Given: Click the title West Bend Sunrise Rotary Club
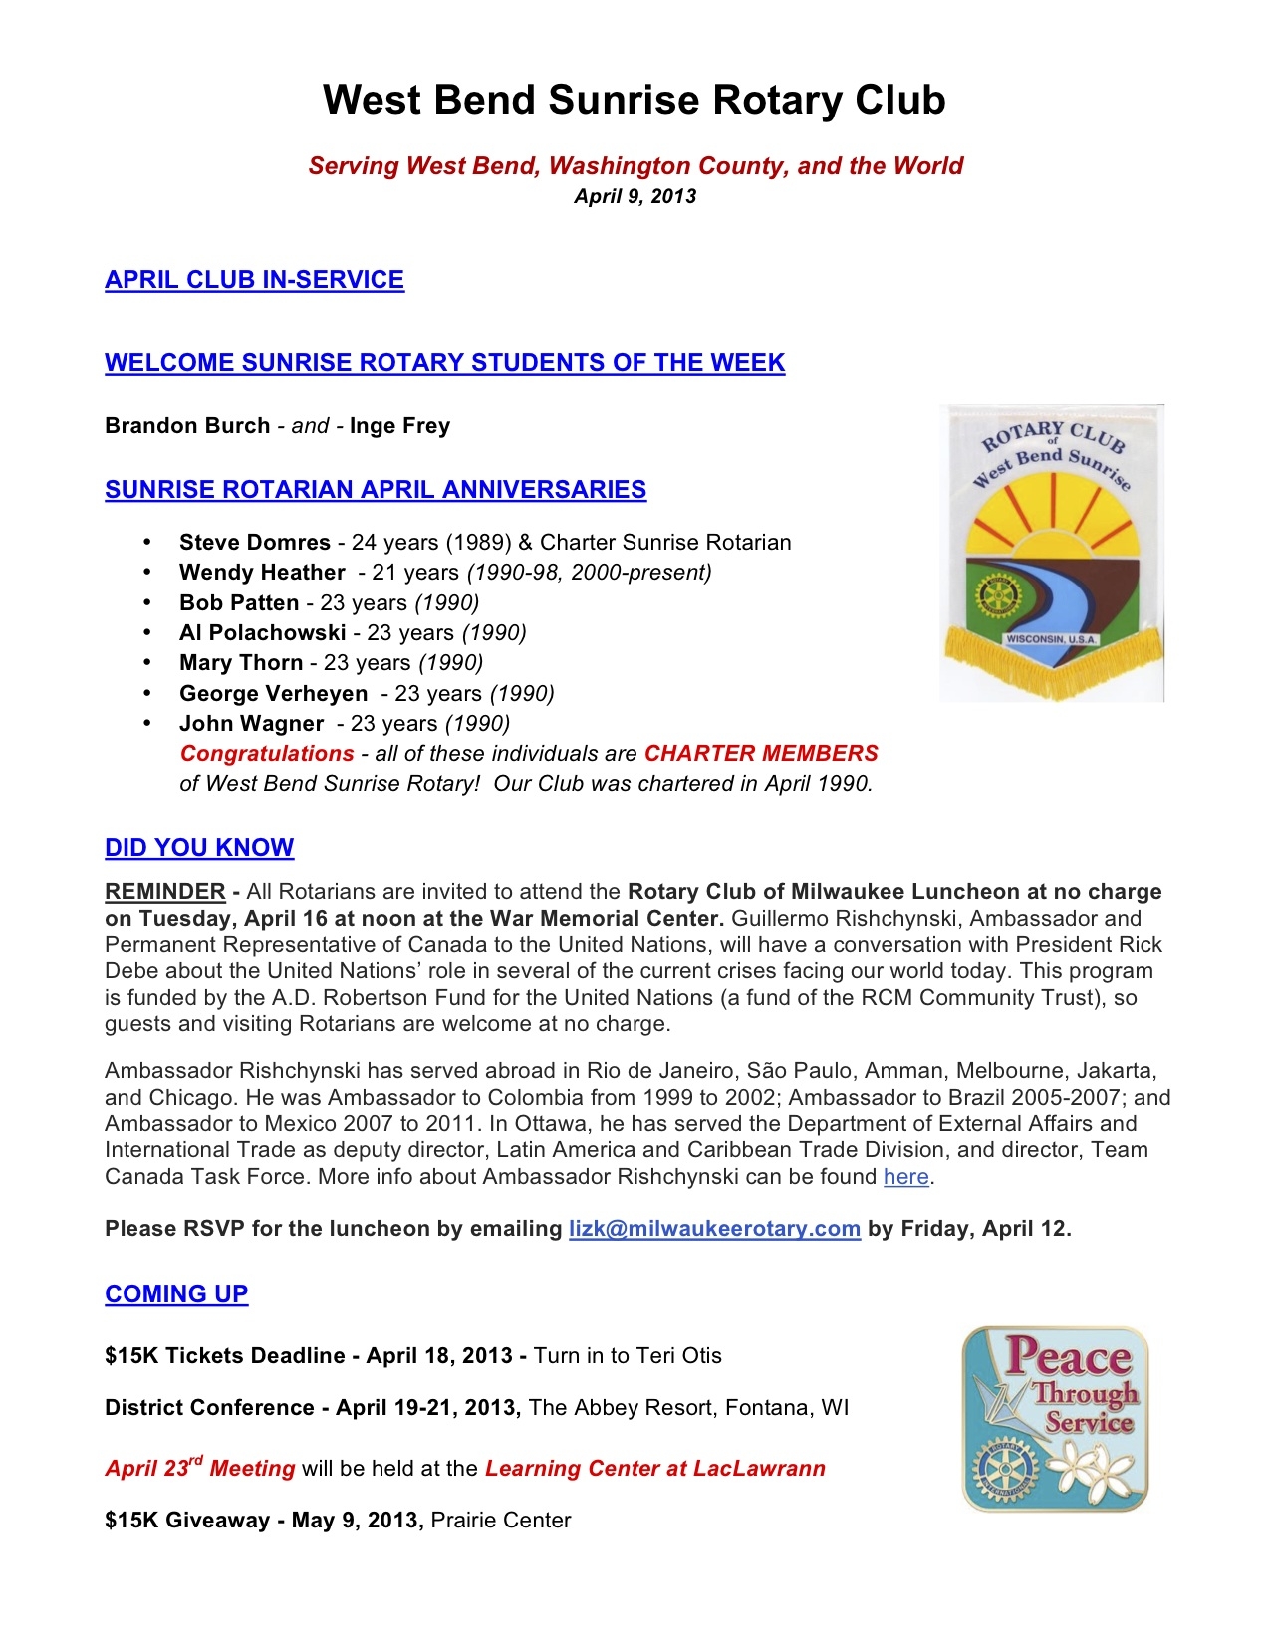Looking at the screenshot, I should (x=634, y=101).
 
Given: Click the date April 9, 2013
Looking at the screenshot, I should (x=635, y=196).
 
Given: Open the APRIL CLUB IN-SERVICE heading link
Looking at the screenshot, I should (x=254, y=280).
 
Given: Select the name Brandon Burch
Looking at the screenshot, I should (x=187, y=426).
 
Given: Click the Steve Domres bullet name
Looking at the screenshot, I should (x=254, y=543).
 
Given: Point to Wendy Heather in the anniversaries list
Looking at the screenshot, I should (x=262, y=573).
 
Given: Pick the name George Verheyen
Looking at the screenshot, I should (x=273, y=694).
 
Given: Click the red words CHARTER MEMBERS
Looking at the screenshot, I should (x=761, y=754).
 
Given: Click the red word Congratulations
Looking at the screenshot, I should (x=267, y=754).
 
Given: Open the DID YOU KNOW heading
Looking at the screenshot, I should (x=199, y=848).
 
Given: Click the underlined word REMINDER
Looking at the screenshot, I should (x=165, y=892).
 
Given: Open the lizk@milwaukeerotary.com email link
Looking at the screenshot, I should (x=714, y=1229).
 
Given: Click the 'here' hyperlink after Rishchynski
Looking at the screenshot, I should (x=905, y=1177).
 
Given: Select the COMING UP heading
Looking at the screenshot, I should (x=176, y=1294).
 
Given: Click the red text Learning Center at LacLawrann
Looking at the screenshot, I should (x=654, y=1469).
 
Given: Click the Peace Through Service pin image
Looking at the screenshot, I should (x=1055, y=1419).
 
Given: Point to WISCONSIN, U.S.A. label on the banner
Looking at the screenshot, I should (x=1051, y=638).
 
